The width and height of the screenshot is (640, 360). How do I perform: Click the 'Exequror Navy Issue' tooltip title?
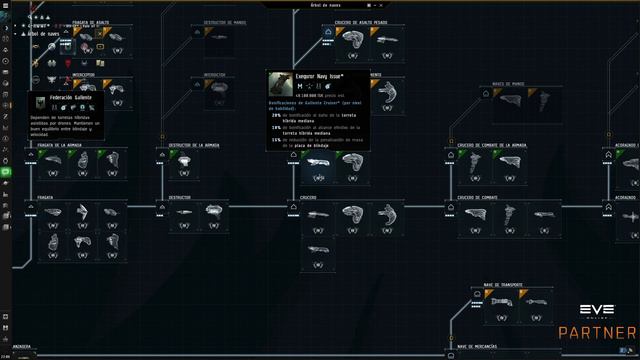click(319, 76)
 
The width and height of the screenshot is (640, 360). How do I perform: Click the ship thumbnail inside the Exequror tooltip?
click(281, 82)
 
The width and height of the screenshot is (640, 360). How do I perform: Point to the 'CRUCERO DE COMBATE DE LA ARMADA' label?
click(491, 145)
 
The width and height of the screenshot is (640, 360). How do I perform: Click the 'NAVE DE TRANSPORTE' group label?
click(505, 284)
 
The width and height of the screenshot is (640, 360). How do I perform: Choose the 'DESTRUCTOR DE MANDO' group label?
click(226, 21)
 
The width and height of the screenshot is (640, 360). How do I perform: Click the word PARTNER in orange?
click(598, 332)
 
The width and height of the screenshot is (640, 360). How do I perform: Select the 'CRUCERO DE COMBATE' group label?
click(478, 198)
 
